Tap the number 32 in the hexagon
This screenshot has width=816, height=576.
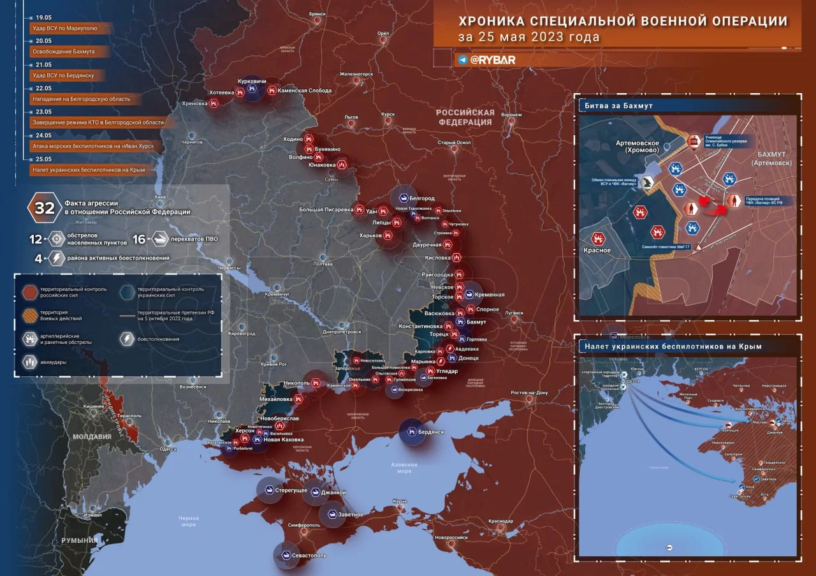(x=45, y=207)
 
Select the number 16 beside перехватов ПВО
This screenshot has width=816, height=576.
(x=139, y=240)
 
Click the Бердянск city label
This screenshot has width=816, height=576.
(x=431, y=432)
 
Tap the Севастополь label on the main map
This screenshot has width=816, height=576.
(x=309, y=556)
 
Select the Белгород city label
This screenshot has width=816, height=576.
(x=421, y=198)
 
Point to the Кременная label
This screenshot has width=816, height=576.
(x=490, y=295)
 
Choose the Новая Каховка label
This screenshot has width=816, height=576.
(x=283, y=439)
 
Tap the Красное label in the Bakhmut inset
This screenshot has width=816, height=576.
(x=597, y=251)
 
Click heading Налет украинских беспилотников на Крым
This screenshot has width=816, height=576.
(x=672, y=346)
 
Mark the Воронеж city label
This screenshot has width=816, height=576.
(x=511, y=115)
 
